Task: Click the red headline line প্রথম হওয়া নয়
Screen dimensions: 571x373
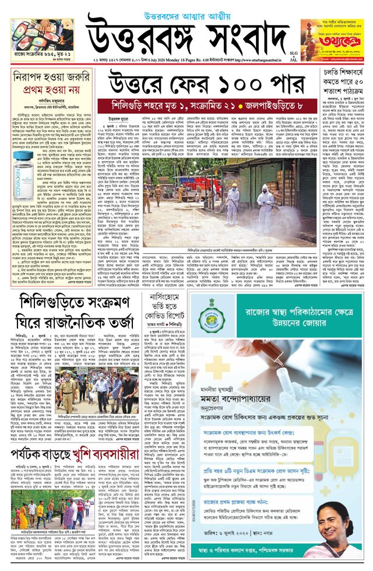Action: (52, 92)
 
